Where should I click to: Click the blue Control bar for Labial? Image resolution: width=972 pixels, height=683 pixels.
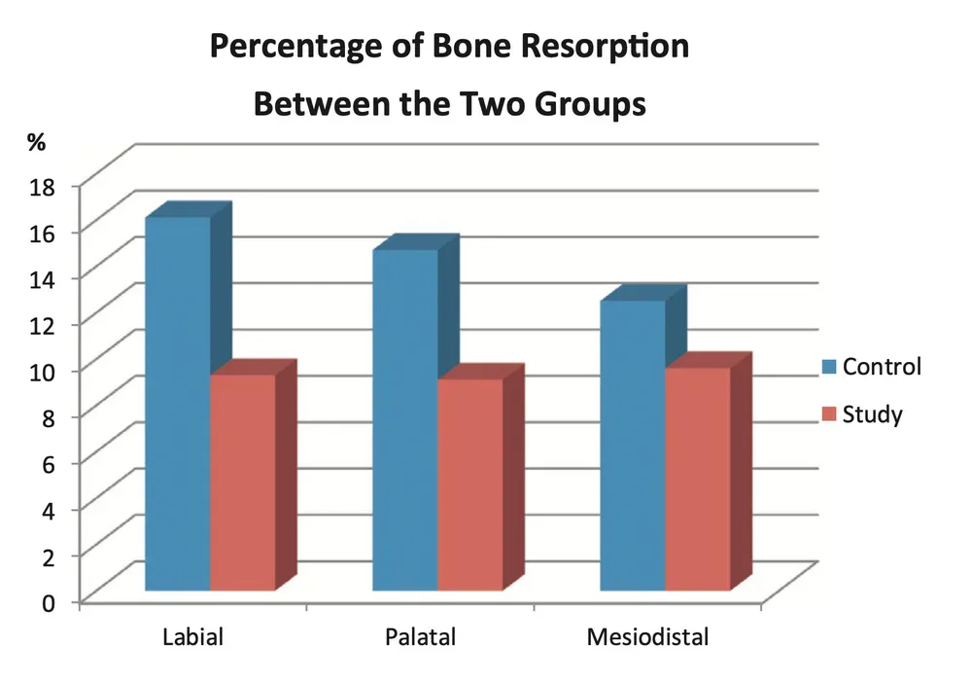point(177,403)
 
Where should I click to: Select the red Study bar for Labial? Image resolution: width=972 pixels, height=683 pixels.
point(242,482)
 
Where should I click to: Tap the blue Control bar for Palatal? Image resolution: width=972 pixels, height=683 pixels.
point(404,419)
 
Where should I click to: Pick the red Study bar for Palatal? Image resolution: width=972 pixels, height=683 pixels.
point(469,485)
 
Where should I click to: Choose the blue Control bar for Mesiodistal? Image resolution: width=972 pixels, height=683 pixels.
point(632,445)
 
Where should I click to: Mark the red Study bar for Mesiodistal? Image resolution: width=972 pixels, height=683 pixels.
point(697,479)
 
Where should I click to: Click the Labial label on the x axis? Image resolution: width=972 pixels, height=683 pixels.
point(192,639)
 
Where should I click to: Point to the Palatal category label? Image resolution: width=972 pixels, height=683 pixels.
point(420,639)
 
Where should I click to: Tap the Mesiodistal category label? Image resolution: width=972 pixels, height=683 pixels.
point(647,639)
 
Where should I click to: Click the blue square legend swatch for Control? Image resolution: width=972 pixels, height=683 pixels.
point(827,368)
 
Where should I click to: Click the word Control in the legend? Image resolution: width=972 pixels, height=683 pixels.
point(882,368)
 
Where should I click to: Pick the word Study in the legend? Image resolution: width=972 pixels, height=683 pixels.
point(872,415)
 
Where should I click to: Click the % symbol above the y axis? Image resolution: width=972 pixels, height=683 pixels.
point(37,142)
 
